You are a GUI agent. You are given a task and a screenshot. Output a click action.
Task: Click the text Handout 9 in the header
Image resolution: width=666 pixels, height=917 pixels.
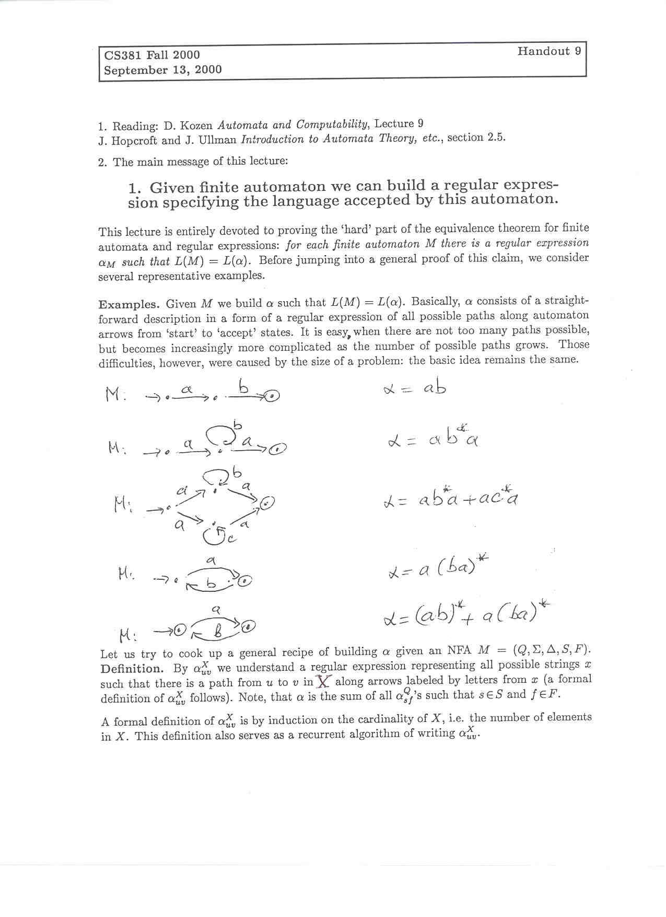[x=549, y=51]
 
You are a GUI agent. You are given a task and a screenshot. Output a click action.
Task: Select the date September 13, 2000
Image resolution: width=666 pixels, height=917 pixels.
[x=162, y=70]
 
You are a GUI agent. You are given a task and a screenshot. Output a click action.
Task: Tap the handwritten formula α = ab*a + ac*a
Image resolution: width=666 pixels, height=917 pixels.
[x=450, y=499]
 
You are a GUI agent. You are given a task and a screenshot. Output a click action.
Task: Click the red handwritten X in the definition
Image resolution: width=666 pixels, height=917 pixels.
[x=324, y=681]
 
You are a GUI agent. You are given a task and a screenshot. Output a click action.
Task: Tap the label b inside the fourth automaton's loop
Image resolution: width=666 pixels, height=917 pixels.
[x=211, y=584]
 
